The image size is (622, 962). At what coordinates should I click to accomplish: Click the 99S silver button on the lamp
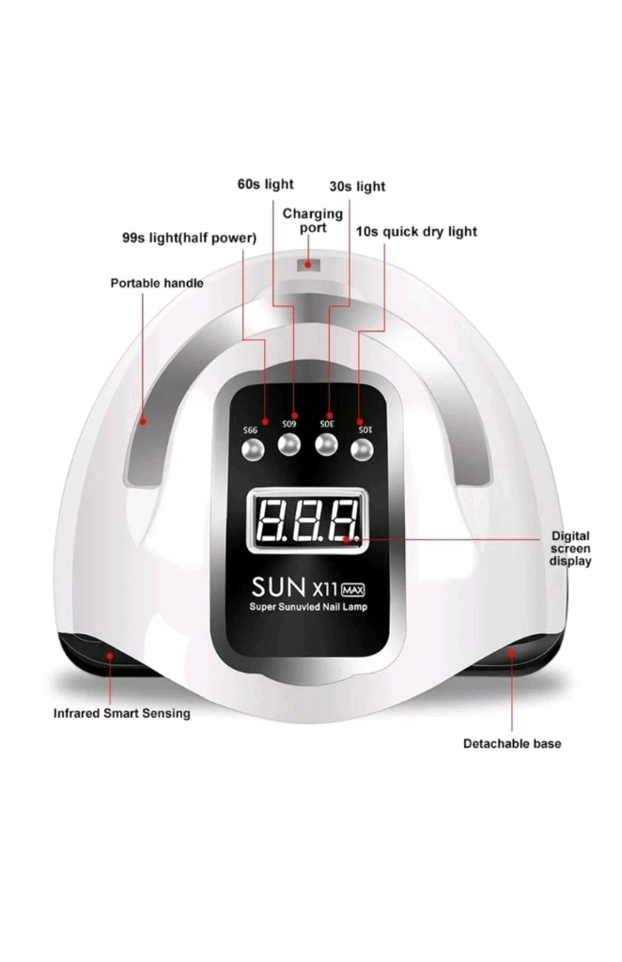pyautogui.click(x=252, y=450)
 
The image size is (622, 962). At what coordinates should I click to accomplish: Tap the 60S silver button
pyautogui.click(x=288, y=444)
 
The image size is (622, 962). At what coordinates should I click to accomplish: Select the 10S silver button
pyautogui.click(x=362, y=450)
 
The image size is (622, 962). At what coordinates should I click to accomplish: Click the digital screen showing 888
pyautogui.click(x=305, y=520)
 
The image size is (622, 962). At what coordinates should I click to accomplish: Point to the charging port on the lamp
pyautogui.click(x=308, y=265)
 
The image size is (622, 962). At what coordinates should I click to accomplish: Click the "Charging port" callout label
pyautogui.click(x=312, y=221)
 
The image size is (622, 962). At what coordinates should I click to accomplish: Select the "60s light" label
pyautogui.click(x=266, y=184)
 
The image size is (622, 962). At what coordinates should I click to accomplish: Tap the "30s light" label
pyautogui.click(x=358, y=186)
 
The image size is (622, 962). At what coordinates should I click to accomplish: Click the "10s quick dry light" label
pyautogui.click(x=416, y=231)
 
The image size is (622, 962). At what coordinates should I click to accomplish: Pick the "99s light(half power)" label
pyautogui.click(x=189, y=238)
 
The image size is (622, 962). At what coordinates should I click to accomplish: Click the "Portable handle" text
pyautogui.click(x=157, y=283)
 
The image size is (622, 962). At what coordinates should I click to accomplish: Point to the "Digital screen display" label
pyautogui.click(x=570, y=549)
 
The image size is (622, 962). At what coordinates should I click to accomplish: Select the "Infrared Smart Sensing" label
pyautogui.click(x=121, y=713)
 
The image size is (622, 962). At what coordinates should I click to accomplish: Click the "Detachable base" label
pyautogui.click(x=512, y=744)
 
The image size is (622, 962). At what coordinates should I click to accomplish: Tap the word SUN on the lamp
pyautogui.click(x=278, y=587)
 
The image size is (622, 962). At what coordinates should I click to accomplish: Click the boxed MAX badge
pyautogui.click(x=352, y=590)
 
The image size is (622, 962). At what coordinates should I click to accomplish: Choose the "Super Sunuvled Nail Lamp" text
pyautogui.click(x=308, y=607)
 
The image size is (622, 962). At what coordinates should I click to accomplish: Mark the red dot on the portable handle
pyautogui.click(x=143, y=422)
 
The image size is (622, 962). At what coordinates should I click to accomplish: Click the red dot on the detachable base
pyautogui.click(x=511, y=654)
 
